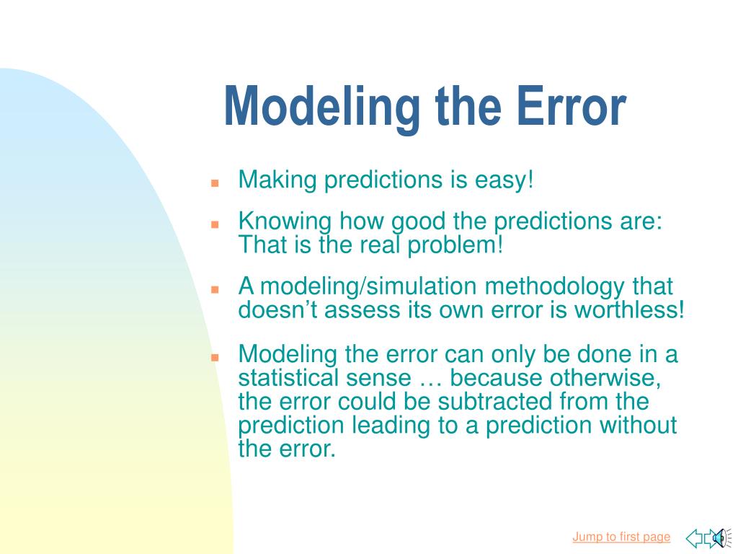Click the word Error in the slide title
coord(571,107)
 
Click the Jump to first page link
coord(621,537)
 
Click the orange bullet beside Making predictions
coord(215,183)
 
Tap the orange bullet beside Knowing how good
coord(215,224)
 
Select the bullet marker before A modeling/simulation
coord(215,289)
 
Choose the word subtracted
coord(494,401)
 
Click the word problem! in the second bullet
coord(455,245)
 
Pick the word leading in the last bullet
coord(391,426)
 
